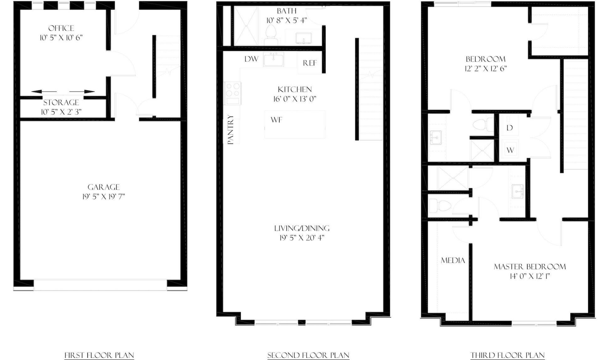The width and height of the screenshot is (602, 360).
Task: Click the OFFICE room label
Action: pyautogui.click(x=61, y=28)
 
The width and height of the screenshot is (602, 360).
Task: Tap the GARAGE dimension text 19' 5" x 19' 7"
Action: pyautogui.click(x=103, y=197)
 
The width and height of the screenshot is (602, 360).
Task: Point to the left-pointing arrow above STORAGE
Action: pyautogui.click(x=44, y=92)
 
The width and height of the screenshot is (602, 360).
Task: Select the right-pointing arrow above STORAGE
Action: pyautogui.click(x=82, y=92)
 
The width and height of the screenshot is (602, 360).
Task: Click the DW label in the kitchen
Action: pyautogui.click(x=251, y=59)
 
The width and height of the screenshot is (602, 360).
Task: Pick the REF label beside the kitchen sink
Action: pyautogui.click(x=310, y=63)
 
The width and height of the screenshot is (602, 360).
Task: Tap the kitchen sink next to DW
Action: pyautogui.click(x=273, y=59)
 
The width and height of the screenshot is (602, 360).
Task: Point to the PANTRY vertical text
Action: pyautogui.click(x=231, y=130)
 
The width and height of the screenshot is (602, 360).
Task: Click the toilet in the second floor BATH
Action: pyautogui.click(x=271, y=35)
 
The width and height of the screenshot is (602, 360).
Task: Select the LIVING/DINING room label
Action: pyautogui.click(x=302, y=228)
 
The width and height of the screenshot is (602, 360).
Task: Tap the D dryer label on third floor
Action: pyautogui.click(x=510, y=128)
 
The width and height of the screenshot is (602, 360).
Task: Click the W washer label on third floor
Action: pyautogui.click(x=510, y=150)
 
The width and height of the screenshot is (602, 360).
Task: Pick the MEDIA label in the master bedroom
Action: pyautogui.click(x=453, y=260)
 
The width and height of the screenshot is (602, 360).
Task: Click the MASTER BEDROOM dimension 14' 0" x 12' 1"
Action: pyautogui.click(x=530, y=276)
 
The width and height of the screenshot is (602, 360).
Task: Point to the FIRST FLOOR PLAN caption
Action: pyautogui.click(x=99, y=355)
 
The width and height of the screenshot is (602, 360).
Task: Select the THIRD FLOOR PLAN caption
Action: pyautogui.click(x=508, y=355)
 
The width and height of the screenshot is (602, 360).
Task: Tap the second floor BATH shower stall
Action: pyautogui.click(x=246, y=26)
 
